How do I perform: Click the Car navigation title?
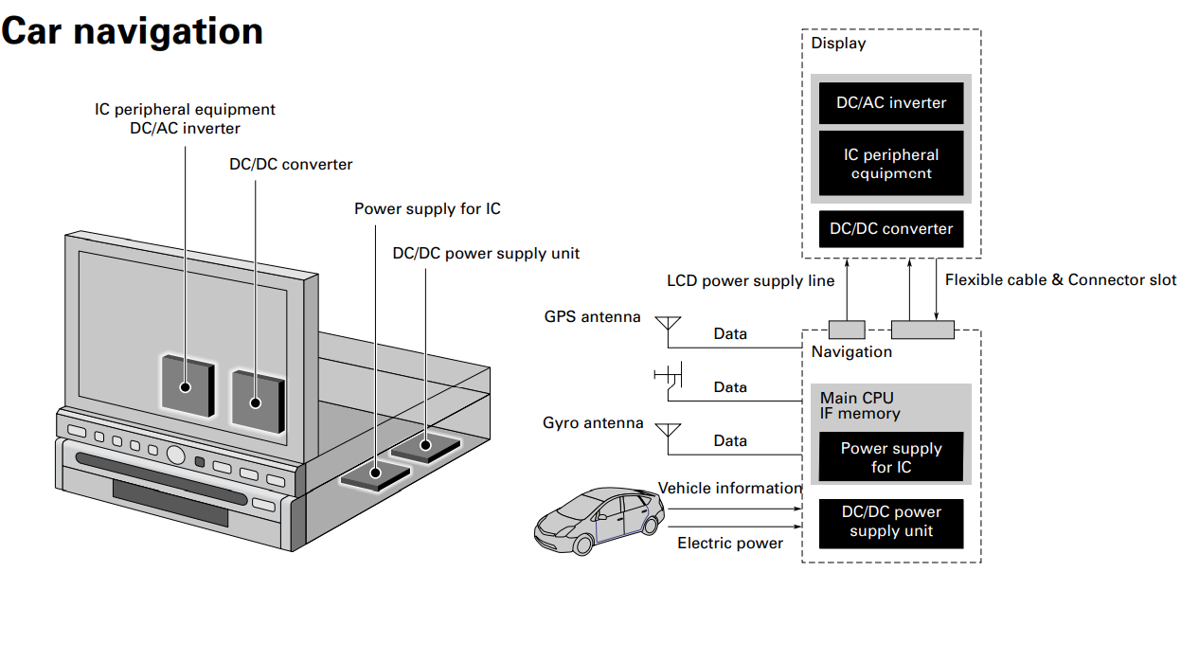[x=132, y=31]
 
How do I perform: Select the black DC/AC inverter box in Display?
[x=890, y=103]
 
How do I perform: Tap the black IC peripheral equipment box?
[x=890, y=164]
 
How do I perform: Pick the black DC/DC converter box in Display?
[x=890, y=228]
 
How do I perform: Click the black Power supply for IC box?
[x=890, y=457]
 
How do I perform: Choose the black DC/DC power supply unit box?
[x=890, y=523]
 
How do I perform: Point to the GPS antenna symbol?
[x=668, y=328]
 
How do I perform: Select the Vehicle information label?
[x=729, y=489]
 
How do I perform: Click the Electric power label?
[x=730, y=544]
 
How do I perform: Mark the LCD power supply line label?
[x=751, y=281]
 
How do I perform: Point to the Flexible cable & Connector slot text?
[x=1061, y=280]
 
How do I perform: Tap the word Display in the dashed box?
[x=838, y=44]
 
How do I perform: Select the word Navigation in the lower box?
[x=851, y=352]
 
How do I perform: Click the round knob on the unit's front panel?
[x=175, y=455]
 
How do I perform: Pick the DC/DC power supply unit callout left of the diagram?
[x=486, y=254]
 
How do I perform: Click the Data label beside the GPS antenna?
[x=730, y=334]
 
